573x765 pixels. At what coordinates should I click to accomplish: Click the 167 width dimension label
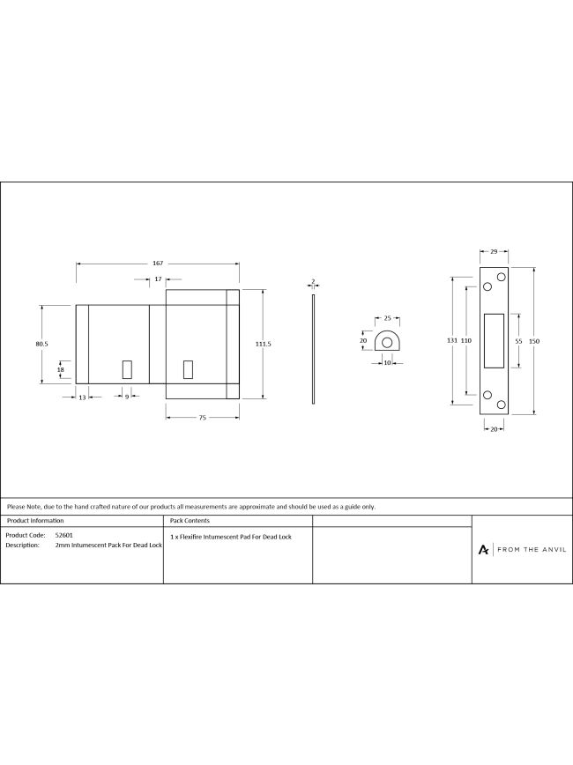(x=158, y=264)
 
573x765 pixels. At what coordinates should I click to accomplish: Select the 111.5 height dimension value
(x=263, y=344)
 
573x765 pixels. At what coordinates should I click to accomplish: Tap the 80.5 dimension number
(x=42, y=344)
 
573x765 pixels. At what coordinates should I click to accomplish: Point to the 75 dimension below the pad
(x=203, y=418)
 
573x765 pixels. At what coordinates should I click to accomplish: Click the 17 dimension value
(x=158, y=279)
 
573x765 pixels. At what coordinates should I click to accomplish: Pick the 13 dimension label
(x=82, y=397)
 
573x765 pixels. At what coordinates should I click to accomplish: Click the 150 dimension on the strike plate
(x=534, y=342)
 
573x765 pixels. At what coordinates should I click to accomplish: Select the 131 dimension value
(x=452, y=340)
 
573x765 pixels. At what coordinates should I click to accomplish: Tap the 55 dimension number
(x=519, y=342)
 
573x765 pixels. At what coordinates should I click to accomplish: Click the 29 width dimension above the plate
(x=494, y=252)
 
